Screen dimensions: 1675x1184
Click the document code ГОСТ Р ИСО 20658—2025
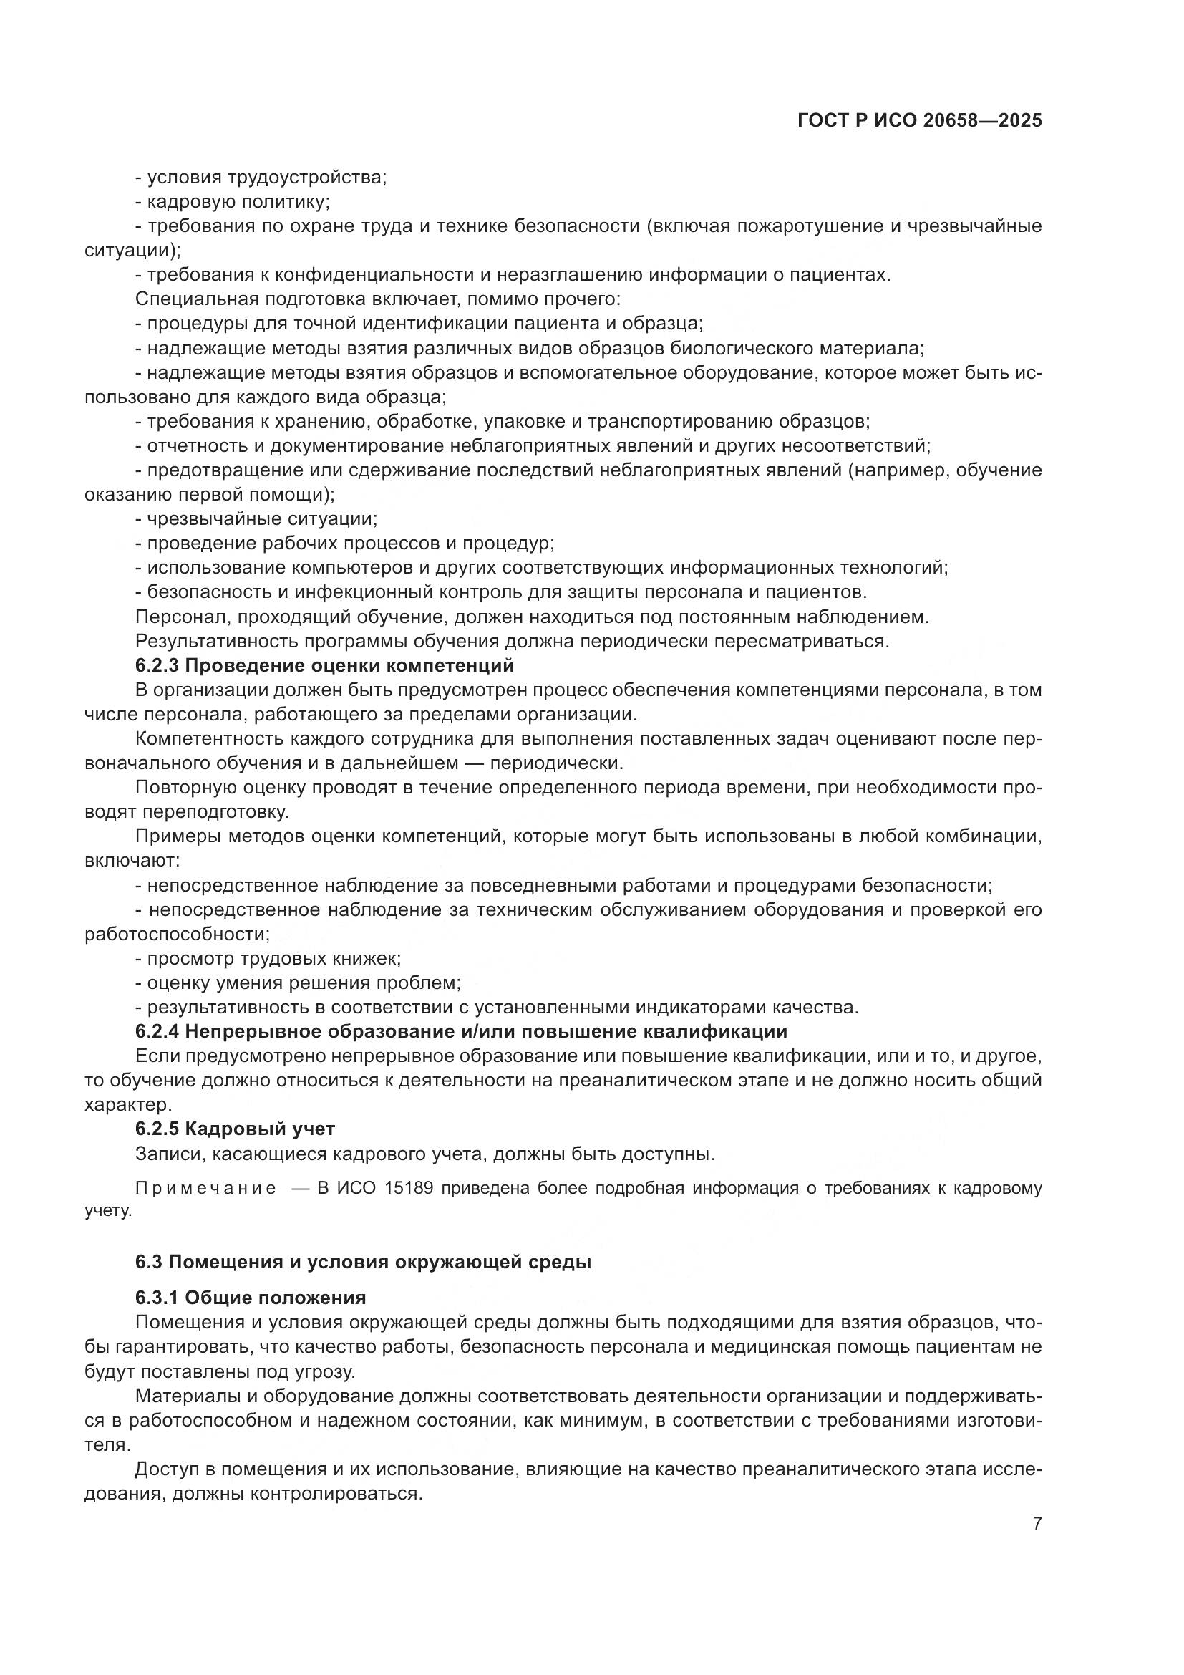point(919,121)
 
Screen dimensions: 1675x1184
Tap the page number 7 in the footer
point(1037,1524)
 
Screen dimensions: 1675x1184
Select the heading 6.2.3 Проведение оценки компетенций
point(324,665)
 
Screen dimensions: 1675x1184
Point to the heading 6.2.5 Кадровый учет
point(235,1129)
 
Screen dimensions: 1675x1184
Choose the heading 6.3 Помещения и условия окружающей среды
point(363,1262)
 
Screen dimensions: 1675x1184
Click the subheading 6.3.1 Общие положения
point(251,1298)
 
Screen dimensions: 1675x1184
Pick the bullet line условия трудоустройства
point(261,178)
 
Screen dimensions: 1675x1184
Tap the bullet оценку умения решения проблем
point(299,983)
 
